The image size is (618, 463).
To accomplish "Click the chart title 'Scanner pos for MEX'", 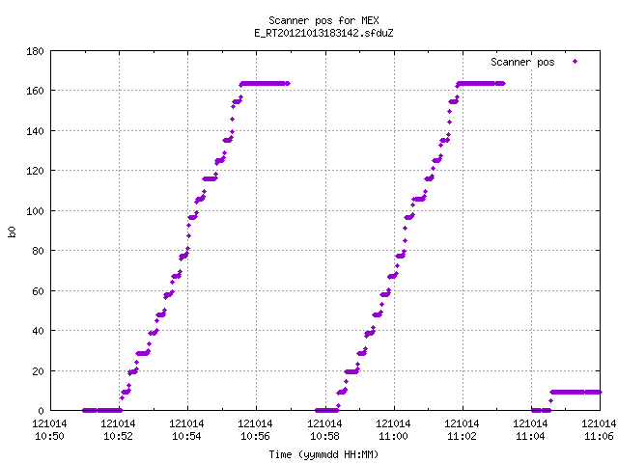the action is coord(323,20).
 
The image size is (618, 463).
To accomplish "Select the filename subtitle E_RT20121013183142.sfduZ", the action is coord(323,33).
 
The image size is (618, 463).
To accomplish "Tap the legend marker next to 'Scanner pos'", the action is coord(576,62).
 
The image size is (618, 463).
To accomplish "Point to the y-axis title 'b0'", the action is coord(12,231).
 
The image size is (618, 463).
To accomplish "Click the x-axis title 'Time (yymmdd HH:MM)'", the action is coord(323,454).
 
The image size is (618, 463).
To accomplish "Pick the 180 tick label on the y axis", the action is coord(35,51).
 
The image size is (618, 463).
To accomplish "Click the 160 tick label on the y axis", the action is coord(35,91).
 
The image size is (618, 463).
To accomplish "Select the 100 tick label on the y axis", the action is coord(35,210).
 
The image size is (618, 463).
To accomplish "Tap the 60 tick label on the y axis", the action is coord(38,291).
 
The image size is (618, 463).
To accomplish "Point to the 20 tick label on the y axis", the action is coord(38,370).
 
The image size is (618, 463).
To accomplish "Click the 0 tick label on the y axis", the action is coord(41,411).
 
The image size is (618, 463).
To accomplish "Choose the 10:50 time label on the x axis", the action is coord(49,436).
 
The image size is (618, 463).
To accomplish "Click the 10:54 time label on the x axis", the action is coord(186,436).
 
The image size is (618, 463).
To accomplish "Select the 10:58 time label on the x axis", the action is coord(324,436).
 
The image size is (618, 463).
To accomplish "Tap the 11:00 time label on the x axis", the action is coord(393,436).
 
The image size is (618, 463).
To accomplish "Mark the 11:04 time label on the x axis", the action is coord(530,436).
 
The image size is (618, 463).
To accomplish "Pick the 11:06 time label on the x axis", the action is coord(599,436).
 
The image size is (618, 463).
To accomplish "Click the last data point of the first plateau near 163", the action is coord(288,84).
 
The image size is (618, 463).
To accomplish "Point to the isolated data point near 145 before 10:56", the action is coord(232,119).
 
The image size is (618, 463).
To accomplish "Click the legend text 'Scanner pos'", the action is coord(522,62).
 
